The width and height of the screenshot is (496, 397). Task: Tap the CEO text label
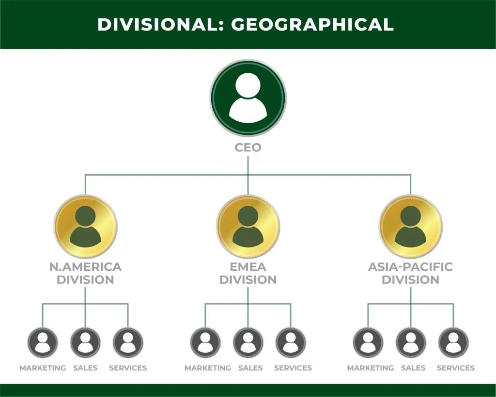248,148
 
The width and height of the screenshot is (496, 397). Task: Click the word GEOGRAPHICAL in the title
312,24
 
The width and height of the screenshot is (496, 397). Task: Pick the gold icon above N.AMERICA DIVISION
85,226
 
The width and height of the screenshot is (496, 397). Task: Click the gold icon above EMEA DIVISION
248,226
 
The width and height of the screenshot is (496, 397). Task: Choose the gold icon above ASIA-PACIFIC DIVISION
411,226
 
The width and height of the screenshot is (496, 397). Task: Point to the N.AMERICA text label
85,267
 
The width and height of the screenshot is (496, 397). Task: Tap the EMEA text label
248,267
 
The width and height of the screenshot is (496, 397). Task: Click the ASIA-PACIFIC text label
411,267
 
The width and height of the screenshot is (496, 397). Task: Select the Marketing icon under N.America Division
43,343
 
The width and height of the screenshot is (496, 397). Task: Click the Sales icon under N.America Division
85,343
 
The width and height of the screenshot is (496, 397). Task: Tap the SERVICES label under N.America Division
128,368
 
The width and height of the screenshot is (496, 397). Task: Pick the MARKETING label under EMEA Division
208,368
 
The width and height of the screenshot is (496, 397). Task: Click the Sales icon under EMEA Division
248,343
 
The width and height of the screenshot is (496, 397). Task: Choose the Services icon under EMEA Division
291,343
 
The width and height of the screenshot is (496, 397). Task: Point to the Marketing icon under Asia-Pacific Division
368,343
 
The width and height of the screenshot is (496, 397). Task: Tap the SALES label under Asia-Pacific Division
413,368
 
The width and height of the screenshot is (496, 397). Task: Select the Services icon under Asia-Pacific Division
453,343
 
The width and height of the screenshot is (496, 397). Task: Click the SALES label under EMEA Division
250,368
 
